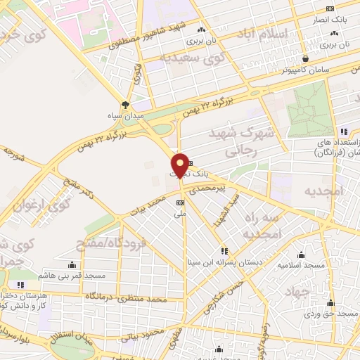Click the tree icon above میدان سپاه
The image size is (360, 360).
tap(126, 105)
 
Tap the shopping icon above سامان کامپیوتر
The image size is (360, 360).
tap(306, 60)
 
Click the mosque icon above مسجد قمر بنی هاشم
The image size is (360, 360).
tap(72, 265)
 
